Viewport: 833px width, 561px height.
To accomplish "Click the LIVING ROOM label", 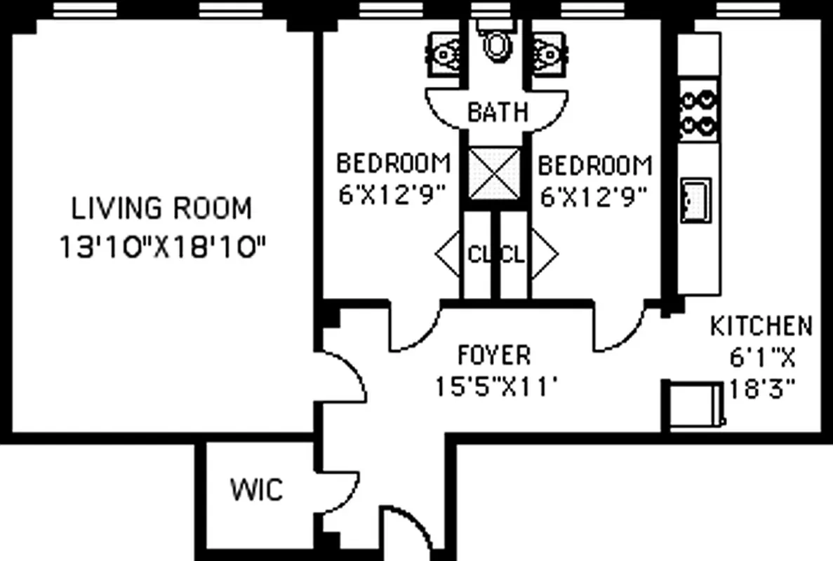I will click(162, 209).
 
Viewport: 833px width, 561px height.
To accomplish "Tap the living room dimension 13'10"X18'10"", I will click(162, 247).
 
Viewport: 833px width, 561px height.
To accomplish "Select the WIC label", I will click(256, 489).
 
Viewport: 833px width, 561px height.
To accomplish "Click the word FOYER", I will click(494, 356).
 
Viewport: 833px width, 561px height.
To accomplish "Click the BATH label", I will click(497, 112).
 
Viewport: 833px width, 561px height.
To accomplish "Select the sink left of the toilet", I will click(444, 53).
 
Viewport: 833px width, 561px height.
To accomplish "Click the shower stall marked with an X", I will click(495, 173).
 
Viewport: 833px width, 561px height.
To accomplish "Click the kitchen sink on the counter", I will click(695, 199).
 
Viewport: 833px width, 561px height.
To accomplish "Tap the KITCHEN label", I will click(761, 326).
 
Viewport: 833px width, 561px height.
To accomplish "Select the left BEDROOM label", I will click(393, 164).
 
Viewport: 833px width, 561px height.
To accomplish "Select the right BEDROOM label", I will click(594, 166).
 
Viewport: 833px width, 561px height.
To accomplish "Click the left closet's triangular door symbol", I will click(447, 255).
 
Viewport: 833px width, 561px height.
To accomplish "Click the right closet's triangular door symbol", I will click(545, 254).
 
